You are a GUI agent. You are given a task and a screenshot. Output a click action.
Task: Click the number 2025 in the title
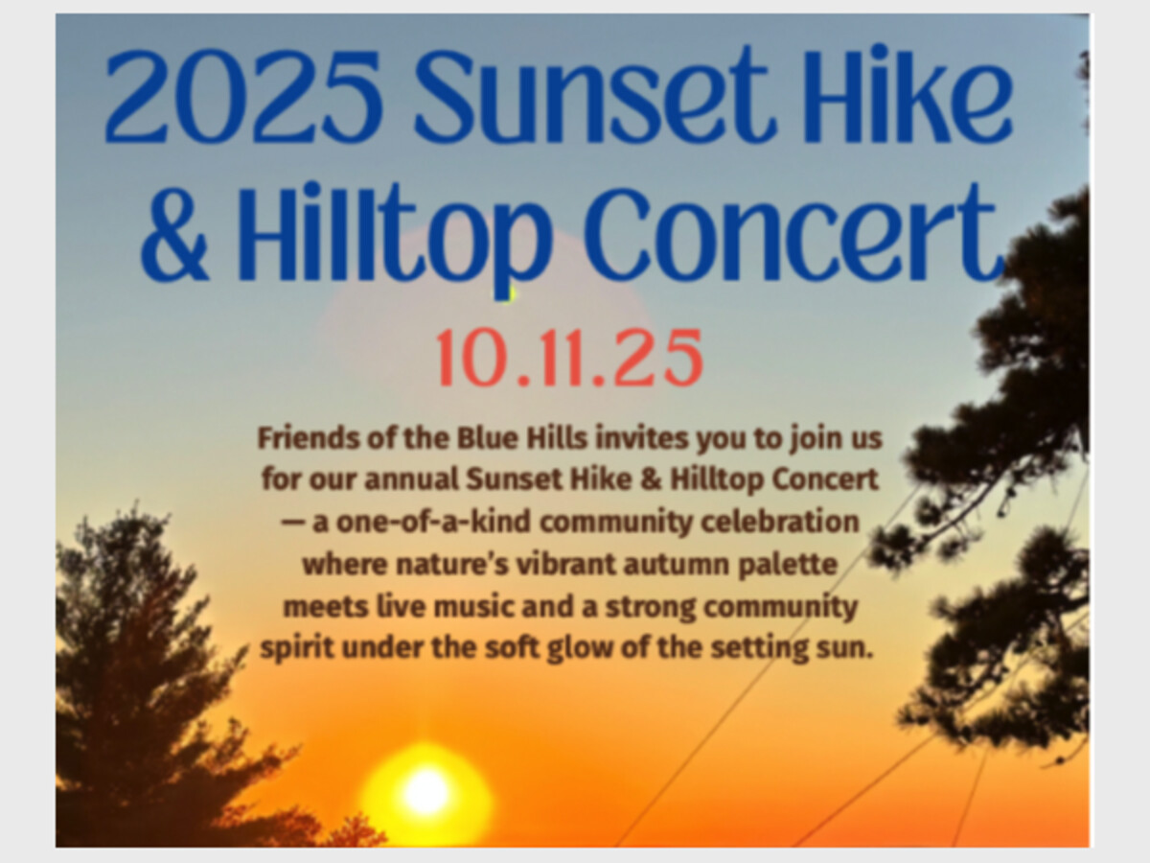click(243, 96)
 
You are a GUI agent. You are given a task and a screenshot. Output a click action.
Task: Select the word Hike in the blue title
click(907, 94)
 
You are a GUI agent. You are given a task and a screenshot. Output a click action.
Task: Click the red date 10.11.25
click(569, 359)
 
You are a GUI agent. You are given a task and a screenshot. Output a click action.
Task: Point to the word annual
click(411, 478)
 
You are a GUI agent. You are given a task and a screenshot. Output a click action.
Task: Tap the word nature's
click(452, 565)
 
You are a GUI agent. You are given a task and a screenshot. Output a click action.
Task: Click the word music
click(473, 607)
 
